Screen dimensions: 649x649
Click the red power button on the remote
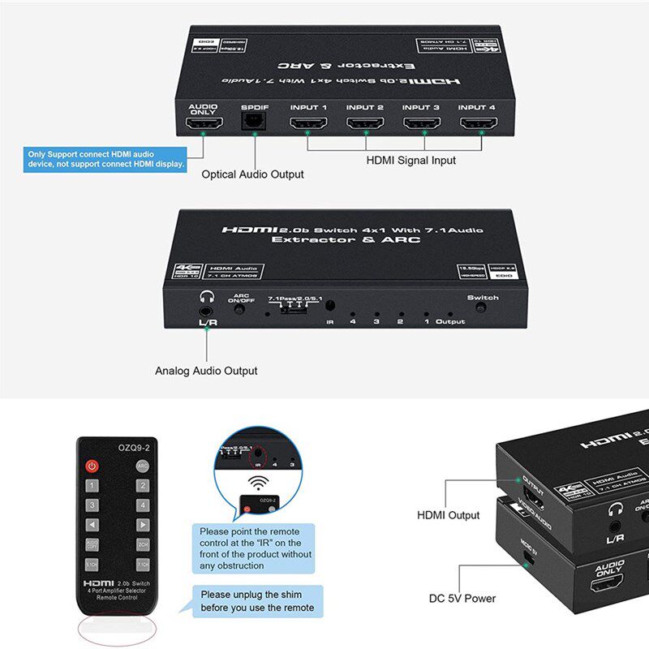92,466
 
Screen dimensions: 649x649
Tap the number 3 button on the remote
92,505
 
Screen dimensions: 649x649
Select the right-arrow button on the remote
143,525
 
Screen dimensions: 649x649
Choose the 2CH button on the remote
143,544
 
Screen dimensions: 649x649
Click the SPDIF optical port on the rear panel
253,124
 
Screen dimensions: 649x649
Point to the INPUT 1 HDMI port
308,124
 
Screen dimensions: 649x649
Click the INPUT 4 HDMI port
479,124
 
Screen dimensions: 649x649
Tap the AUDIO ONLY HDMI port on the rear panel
203,125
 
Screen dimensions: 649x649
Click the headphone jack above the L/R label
204,307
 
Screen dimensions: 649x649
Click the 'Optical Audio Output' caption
252,174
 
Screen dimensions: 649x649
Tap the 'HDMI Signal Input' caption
410,161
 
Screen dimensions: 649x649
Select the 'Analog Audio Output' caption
206,371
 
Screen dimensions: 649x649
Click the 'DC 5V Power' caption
462,600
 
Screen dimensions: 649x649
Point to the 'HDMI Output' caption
449,515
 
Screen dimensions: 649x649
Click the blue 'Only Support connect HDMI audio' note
105,159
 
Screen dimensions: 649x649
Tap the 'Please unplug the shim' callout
257,601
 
